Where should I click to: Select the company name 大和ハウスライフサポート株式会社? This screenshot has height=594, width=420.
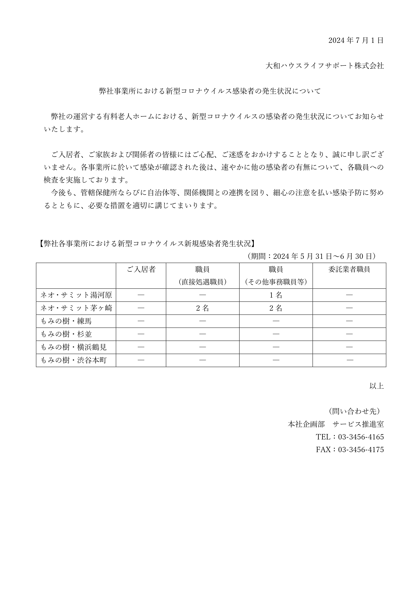325,66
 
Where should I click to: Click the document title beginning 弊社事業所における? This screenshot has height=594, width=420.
210,91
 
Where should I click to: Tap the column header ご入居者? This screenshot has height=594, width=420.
141,269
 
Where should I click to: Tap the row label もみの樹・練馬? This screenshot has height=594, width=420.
66,321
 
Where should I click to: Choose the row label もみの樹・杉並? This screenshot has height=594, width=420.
66,334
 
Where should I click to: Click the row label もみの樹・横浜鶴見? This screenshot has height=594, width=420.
74,347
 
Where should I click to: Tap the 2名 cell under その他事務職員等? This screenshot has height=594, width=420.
276,308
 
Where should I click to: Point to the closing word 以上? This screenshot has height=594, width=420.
376,386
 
